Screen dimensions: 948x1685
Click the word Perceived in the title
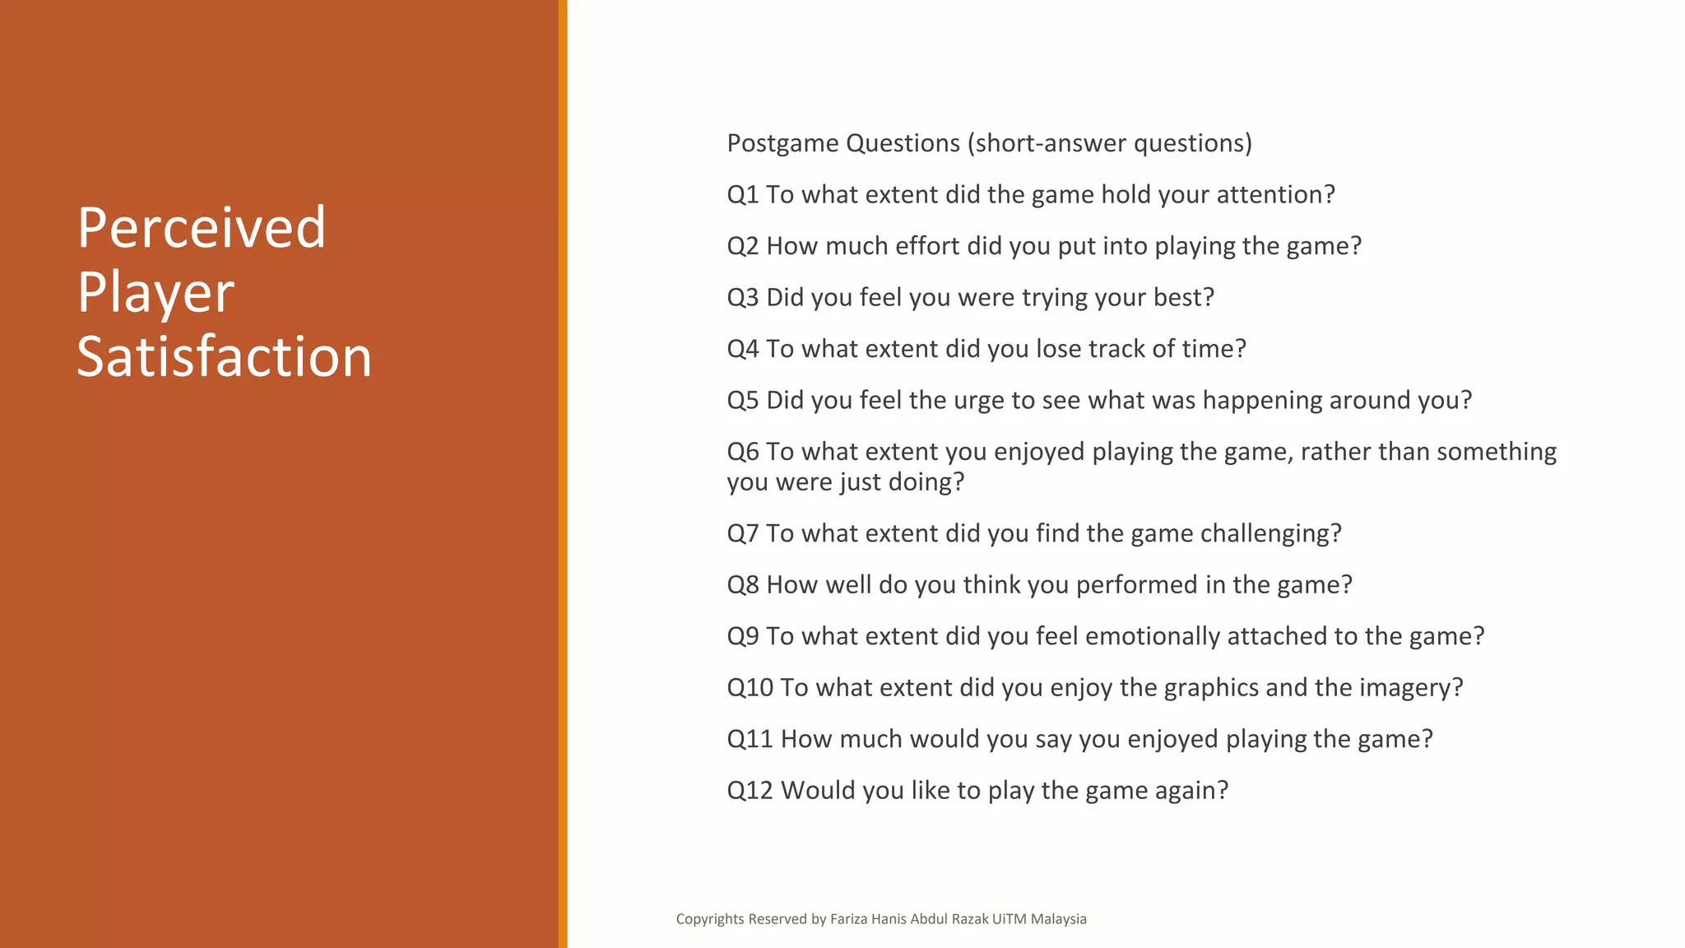point(202,228)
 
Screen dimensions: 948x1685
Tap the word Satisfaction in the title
point(224,357)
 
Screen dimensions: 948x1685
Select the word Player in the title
point(156,293)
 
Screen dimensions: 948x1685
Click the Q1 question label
point(742,195)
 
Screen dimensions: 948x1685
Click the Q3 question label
point(742,297)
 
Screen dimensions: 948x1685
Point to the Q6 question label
point(742,452)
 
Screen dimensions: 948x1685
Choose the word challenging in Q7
point(1266,534)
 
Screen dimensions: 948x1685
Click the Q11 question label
point(750,739)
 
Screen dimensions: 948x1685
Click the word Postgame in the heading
point(782,144)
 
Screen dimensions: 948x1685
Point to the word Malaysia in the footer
point(1058,919)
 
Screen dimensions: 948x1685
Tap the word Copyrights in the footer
point(709,919)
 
